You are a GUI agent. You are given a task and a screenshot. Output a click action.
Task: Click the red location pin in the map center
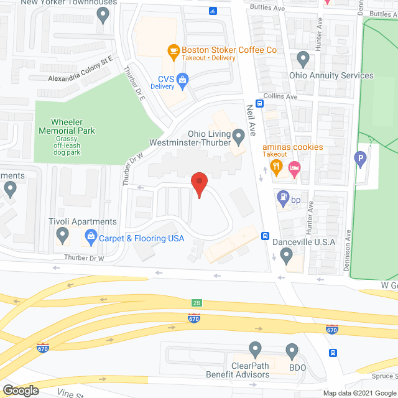click(199, 183)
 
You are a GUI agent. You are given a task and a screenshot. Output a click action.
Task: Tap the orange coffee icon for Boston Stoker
click(174, 49)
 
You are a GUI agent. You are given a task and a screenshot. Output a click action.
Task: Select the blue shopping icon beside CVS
click(183, 78)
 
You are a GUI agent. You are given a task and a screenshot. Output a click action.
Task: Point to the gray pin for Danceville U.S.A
click(287, 254)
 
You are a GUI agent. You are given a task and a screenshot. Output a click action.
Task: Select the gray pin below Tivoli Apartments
click(62, 235)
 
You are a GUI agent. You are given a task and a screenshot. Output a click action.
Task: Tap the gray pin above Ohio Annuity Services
click(303, 60)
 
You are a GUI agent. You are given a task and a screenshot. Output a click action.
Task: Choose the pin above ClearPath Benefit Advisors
click(255, 349)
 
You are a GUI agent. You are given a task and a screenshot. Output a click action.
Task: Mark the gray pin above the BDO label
click(291, 351)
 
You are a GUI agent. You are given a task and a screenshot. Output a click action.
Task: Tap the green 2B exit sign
click(197, 303)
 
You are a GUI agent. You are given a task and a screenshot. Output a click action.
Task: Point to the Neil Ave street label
click(252, 117)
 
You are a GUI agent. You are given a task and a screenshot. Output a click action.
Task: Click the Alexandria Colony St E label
click(85, 79)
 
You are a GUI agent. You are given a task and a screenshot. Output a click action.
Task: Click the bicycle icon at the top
click(213, 11)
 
